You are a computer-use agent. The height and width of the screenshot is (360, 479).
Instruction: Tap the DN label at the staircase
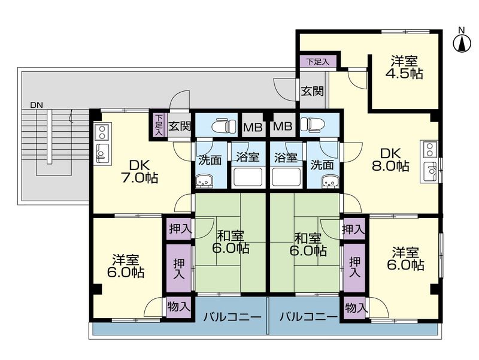(37, 105)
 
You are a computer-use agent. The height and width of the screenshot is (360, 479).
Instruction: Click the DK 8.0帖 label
(390, 159)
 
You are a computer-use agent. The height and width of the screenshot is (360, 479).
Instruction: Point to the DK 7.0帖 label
(140, 172)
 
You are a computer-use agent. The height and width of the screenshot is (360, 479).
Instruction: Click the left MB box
(253, 126)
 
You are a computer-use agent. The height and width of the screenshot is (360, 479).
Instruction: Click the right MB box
(283, 126)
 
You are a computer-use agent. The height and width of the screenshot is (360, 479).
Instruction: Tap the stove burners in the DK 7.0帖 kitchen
(102, 132)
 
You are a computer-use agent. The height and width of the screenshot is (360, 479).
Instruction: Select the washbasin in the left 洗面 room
(202, 181)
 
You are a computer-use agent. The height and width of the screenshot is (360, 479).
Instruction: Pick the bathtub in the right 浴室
(287, 177)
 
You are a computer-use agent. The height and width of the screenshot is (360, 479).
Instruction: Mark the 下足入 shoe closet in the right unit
(317, 62)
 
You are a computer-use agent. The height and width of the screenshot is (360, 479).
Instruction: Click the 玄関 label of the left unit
(180, 126)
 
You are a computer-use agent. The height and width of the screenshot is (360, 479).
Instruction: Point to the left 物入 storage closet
(178, 307)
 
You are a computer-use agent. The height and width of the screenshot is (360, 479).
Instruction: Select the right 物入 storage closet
(355, 308)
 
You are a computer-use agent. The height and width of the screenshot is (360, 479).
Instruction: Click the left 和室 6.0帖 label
(231, 242)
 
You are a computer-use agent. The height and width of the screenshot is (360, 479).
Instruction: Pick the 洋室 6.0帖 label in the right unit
(405, 259)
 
